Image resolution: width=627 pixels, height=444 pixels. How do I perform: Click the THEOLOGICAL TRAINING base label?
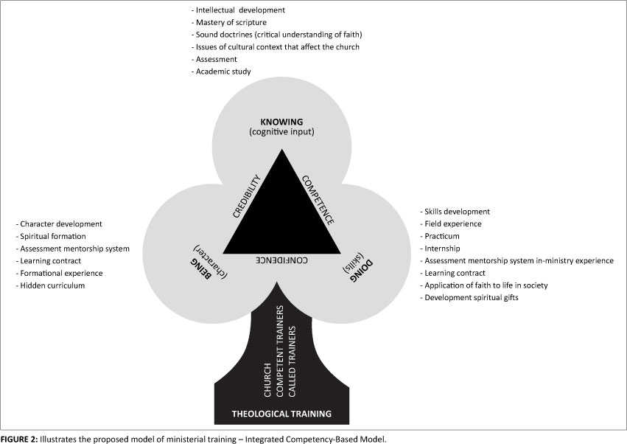pyautogui.click(x=281, y=413)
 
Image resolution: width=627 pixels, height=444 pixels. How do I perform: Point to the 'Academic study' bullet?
pyautogui.click(x=221, y=72)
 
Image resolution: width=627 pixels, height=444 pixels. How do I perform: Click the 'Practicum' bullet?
pyautogui.click(x=443, y=236)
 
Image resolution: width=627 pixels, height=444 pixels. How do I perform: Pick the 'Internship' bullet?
pyautogui.click(x=443, y=249)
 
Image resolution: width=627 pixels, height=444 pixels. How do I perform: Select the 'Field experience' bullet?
pyautogui.click(x=453, y=223)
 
